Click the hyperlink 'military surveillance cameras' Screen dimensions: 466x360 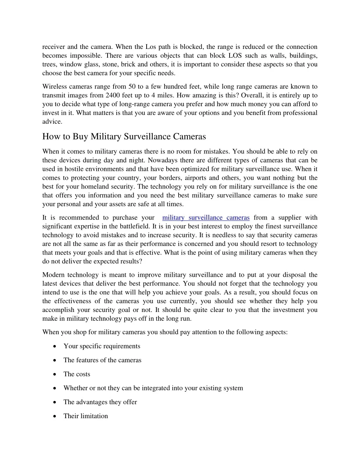tap(206, 218)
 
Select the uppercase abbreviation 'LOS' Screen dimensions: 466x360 tap(235, 56)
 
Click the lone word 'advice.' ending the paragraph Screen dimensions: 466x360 tap(52, 122)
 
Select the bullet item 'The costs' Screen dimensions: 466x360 tap(77, 374)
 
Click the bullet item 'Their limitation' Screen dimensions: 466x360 tap(85, 416)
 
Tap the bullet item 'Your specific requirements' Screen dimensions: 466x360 tap(102, 346)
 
